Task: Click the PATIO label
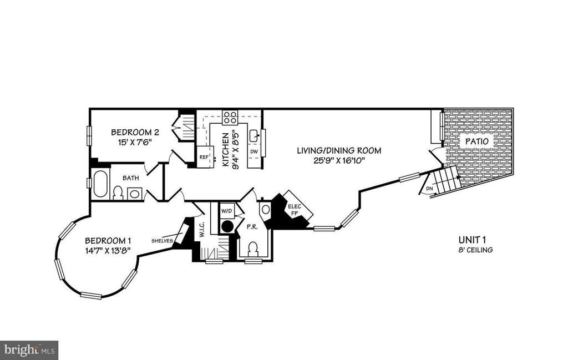point(476,141)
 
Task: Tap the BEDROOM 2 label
point(135,132)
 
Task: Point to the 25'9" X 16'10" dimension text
point(339,160)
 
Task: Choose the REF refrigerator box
point(204,157)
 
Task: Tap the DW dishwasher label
point(254,152)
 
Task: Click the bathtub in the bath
point(100,184)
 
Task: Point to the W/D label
point(226,210)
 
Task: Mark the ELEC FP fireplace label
point(293,210)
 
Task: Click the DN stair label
point(429,189)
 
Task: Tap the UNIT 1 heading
point(472,240)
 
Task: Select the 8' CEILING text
point(475,250)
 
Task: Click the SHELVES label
point(162,241)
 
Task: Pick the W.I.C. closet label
point(202,230)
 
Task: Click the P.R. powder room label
point(252,227)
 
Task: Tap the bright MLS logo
point(29,350)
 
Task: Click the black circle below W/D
point(227,226)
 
